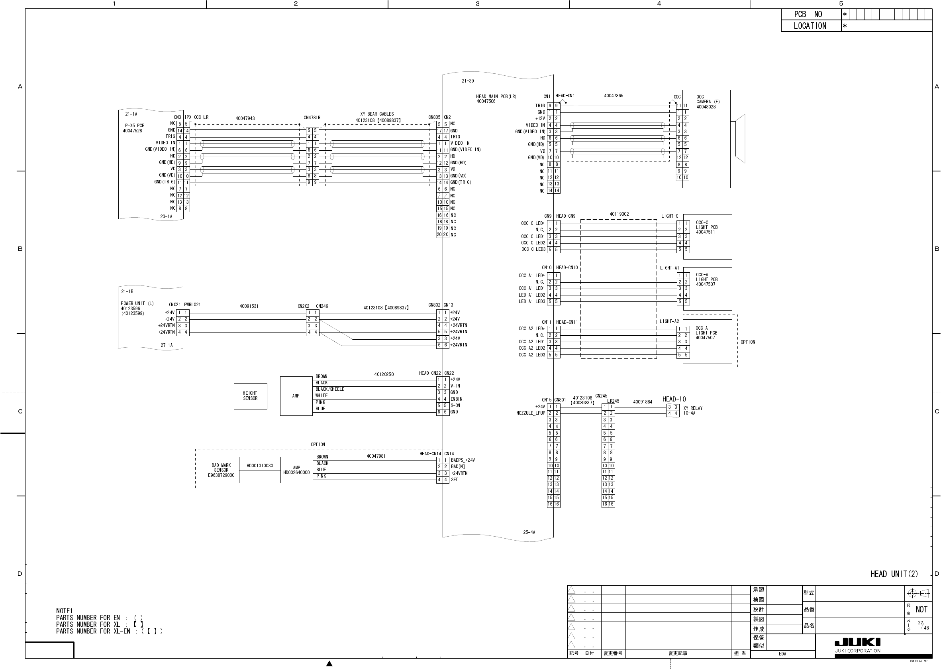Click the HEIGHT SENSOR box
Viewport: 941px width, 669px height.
(250, 396)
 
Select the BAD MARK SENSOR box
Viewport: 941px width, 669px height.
(221, 470)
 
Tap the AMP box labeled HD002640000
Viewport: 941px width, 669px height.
(296, 470)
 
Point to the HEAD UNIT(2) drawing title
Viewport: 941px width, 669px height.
(894, 574)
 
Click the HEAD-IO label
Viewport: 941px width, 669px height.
(674, 399)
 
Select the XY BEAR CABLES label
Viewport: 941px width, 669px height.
(377, 114)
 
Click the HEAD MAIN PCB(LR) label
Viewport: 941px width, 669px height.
(496, 96)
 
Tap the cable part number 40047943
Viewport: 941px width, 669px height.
(245, 119)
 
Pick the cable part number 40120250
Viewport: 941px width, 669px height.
(384, 374)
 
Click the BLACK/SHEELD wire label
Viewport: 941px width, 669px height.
(330, 389)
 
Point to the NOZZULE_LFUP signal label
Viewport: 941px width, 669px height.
(531, 413)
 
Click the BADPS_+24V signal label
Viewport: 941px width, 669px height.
(463, 460)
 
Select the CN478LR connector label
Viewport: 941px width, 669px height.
(312, 118)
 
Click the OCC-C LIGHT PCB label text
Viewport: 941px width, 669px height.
(706, 227)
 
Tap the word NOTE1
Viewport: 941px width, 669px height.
(64, 610)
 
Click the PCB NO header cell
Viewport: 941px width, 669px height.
(808, 14)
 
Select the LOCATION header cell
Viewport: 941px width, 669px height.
(809, 26)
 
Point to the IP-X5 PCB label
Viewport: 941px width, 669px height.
(134, 126)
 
